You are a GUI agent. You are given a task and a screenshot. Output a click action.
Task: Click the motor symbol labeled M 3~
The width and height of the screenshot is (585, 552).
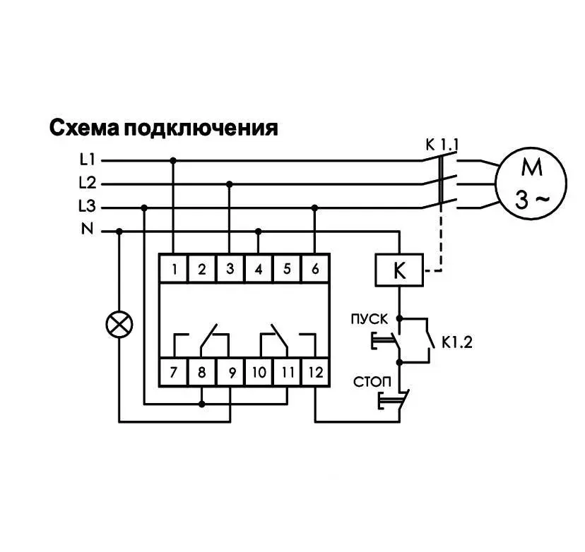click(x=531, y=184)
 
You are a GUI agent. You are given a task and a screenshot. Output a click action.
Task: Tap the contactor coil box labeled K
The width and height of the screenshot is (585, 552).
click(x=399, y=270)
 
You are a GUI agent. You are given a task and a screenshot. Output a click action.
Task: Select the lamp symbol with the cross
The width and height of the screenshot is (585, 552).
click(x=119, y=324)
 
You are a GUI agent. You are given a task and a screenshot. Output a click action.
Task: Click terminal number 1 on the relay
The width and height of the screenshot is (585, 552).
click(x=174, y=269)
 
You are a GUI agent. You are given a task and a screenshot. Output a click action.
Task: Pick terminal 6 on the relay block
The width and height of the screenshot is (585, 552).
click(x=315, y=269)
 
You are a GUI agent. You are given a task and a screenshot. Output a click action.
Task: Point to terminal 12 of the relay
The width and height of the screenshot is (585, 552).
click(x=315, y=372)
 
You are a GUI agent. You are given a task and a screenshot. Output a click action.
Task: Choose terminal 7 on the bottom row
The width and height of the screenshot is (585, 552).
click(x=174, y=372)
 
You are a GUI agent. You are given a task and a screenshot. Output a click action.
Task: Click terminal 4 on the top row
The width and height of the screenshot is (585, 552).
click(x=259, y=269)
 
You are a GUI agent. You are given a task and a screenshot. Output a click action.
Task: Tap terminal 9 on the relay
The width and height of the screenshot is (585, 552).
click(x=230, y=372)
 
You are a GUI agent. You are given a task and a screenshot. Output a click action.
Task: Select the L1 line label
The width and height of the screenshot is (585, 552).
click(x=88, y=160)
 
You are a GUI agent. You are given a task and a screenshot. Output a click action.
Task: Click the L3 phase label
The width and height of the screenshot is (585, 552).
click(x=88, y=205)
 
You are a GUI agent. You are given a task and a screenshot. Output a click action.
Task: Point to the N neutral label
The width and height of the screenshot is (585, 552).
click(x=88, y=229)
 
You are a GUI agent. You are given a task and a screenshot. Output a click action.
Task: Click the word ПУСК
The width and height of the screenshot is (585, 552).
click(x=370, y=319)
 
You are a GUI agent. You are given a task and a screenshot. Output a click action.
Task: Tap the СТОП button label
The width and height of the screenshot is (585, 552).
click(x=372, y=382)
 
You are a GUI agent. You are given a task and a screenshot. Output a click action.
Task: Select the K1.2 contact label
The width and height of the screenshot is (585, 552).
click(x=457, y=342)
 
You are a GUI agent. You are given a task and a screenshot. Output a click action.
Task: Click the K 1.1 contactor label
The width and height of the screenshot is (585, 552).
click(x=442, y=145)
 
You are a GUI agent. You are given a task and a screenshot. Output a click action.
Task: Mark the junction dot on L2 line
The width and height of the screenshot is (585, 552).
click(x=230, y=184)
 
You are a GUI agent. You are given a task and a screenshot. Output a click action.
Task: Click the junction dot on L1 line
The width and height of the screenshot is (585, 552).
click(x=172, y=161)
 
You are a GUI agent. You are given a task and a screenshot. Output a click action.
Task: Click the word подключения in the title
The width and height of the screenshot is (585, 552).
click(x=201, y=128)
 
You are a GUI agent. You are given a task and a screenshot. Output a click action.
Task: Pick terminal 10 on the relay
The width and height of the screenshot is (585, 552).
click(x=259, y=372)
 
